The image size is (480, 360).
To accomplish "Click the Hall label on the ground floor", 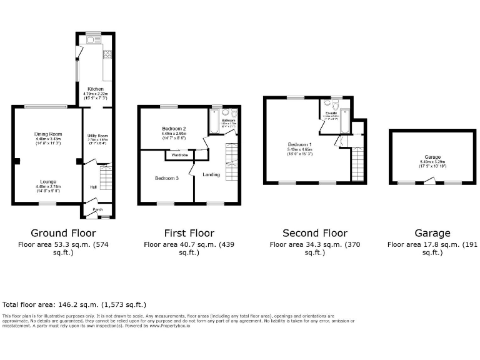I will (92, 187).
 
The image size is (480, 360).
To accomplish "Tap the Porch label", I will (97, 209).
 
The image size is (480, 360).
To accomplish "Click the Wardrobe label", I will (180, 154).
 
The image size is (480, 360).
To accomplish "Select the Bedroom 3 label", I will (167, 178).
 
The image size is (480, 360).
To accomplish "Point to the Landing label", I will (211, 174).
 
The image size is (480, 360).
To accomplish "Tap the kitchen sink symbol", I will (91, 41).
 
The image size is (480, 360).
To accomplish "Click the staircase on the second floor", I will (357, 164).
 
